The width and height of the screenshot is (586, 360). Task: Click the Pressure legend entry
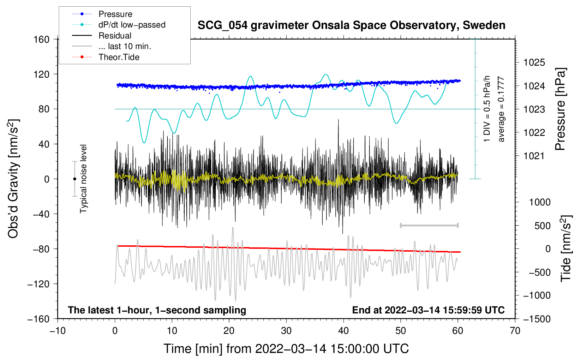tap(115, 14)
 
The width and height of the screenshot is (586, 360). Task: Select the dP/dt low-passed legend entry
tap(132, 25)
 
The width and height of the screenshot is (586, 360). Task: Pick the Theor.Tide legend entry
tap(119, 57)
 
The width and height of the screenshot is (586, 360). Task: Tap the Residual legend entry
tap(115, 36)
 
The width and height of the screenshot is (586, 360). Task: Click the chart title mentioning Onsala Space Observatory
tap(351, 25)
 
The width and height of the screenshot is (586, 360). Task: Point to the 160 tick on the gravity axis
tap(42, 40)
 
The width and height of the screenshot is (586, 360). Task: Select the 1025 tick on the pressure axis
tap(534, 63)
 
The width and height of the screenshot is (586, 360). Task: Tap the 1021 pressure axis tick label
tap(534, 156)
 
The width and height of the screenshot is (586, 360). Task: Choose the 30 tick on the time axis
tap(286, 331)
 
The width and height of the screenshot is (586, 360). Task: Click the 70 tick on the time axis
tap(515, 331)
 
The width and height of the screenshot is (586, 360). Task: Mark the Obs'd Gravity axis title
tap(13, 179)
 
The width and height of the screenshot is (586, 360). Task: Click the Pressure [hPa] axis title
tap(560, 109)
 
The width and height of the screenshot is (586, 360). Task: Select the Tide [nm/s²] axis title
tap(566, 248)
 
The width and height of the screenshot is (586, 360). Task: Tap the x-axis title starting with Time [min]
tap(286, 349)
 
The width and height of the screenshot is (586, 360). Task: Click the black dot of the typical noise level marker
tap(74, 179)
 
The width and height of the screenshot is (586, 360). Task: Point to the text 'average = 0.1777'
tap(501, 109)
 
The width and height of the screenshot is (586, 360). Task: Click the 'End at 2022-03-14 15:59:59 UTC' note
tap(428, 310)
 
